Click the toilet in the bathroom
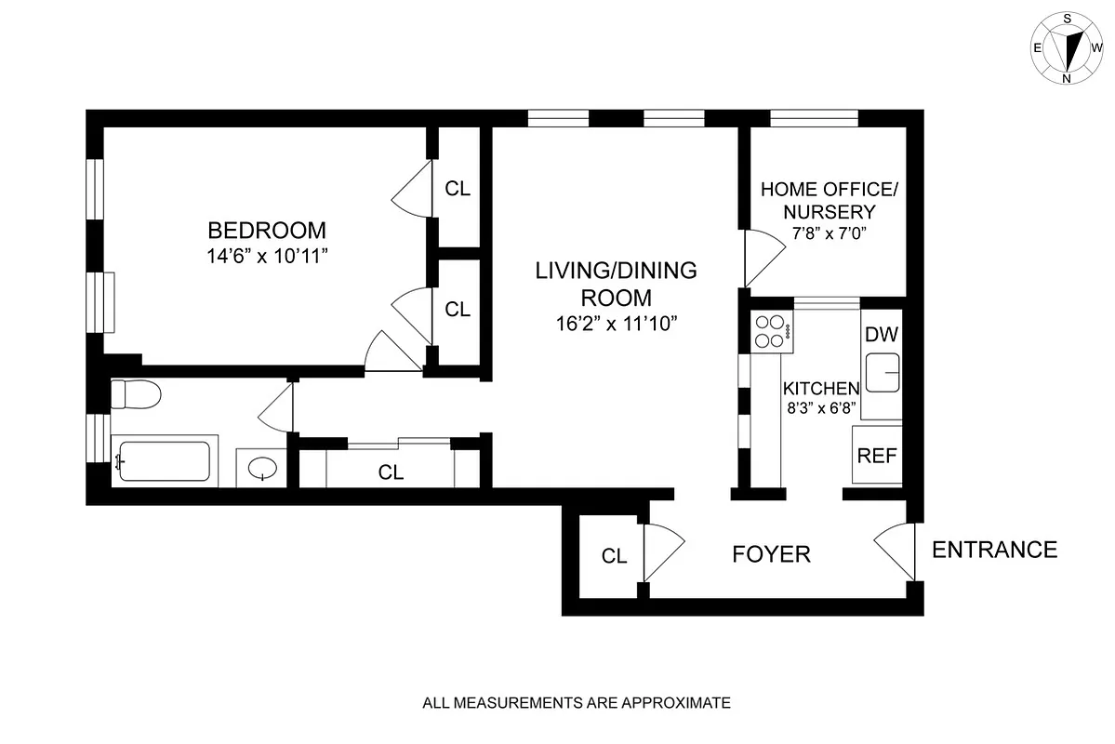135,394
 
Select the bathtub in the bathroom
164,461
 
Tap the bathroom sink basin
263,468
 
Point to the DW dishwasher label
881,336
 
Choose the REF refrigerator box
877,456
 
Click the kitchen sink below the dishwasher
882,376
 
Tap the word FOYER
771,555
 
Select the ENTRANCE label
994,550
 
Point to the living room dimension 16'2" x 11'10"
615,324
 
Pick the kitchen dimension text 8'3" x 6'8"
820,407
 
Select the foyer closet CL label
614,556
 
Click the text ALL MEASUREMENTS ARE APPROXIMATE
577,703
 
